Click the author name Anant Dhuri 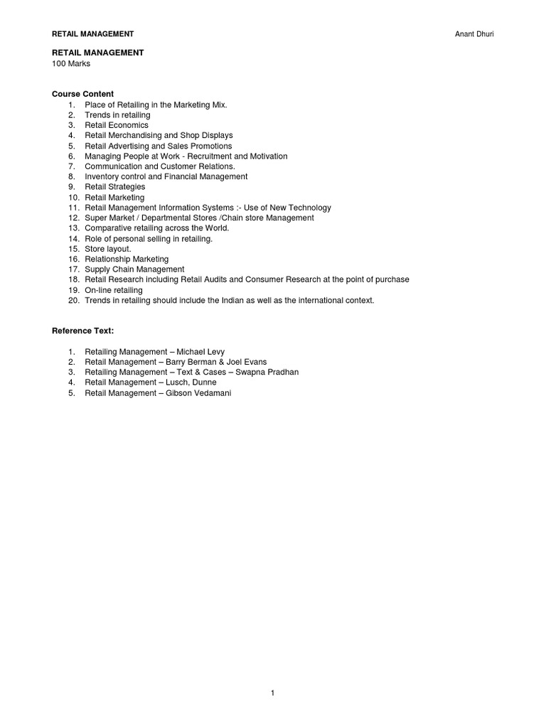click(x=474, y=33)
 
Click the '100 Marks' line click(x=71, y=63)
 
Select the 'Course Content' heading click(x=82, y=94)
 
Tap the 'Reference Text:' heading click(x=82, y=331)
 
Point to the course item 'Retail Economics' click(x=117, y=125)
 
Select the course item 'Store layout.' click(x=108, y=249)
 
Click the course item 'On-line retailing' click(x=114, y=290)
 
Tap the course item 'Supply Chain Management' click(x=134, y=269)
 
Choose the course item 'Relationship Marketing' click(x=127, y=259)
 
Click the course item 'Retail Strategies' click(x=114, y=187)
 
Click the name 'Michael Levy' click(x=200, y=352)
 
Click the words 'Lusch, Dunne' click(x=191, y=382)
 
